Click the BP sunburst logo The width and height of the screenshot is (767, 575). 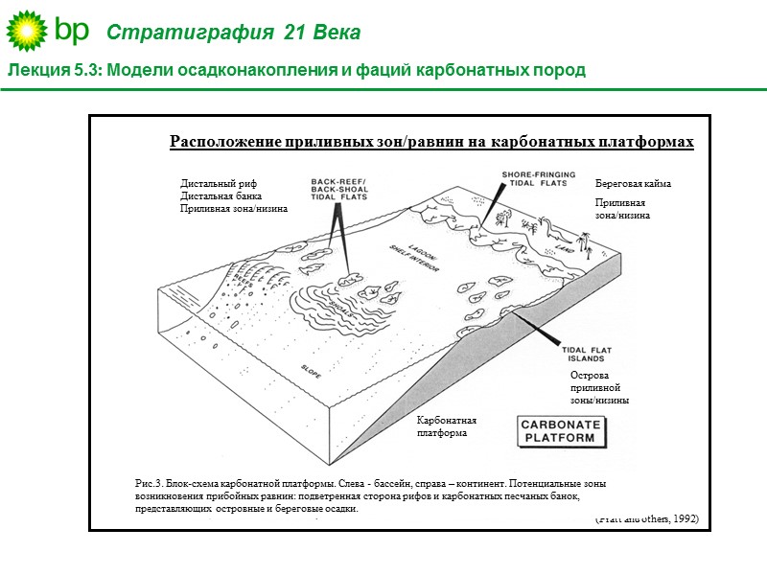[x=27, y=32]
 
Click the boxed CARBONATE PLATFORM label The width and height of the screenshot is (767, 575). [x=560, y=431]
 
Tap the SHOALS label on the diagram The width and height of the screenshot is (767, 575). [x=342, y=304]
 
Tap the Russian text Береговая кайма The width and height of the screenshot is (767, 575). [x=633, y=183]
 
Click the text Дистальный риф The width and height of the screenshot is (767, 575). [x=219, y=183]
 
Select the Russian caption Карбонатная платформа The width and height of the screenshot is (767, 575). [x=446, y=426]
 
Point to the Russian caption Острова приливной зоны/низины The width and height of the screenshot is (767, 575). [x=599, y=387]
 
